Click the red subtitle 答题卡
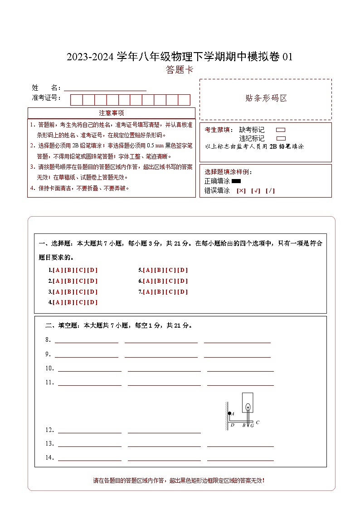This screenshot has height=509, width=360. (180, 70)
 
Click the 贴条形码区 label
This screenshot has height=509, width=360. (266, 98)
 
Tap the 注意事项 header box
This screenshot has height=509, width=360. (112, 113)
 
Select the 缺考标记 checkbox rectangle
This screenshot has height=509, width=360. (281, 130)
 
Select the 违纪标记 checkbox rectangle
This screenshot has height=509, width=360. (281, 138)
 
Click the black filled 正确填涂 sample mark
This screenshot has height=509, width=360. (236, 181)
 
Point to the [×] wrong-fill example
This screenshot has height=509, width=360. (241, 191)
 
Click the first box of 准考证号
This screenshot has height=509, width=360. (76, 100)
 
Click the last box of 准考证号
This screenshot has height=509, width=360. (184, 100)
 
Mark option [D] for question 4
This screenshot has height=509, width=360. (92, 302)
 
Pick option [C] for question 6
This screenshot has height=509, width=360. (171, 281)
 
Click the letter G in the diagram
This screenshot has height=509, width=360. (252, 426)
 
